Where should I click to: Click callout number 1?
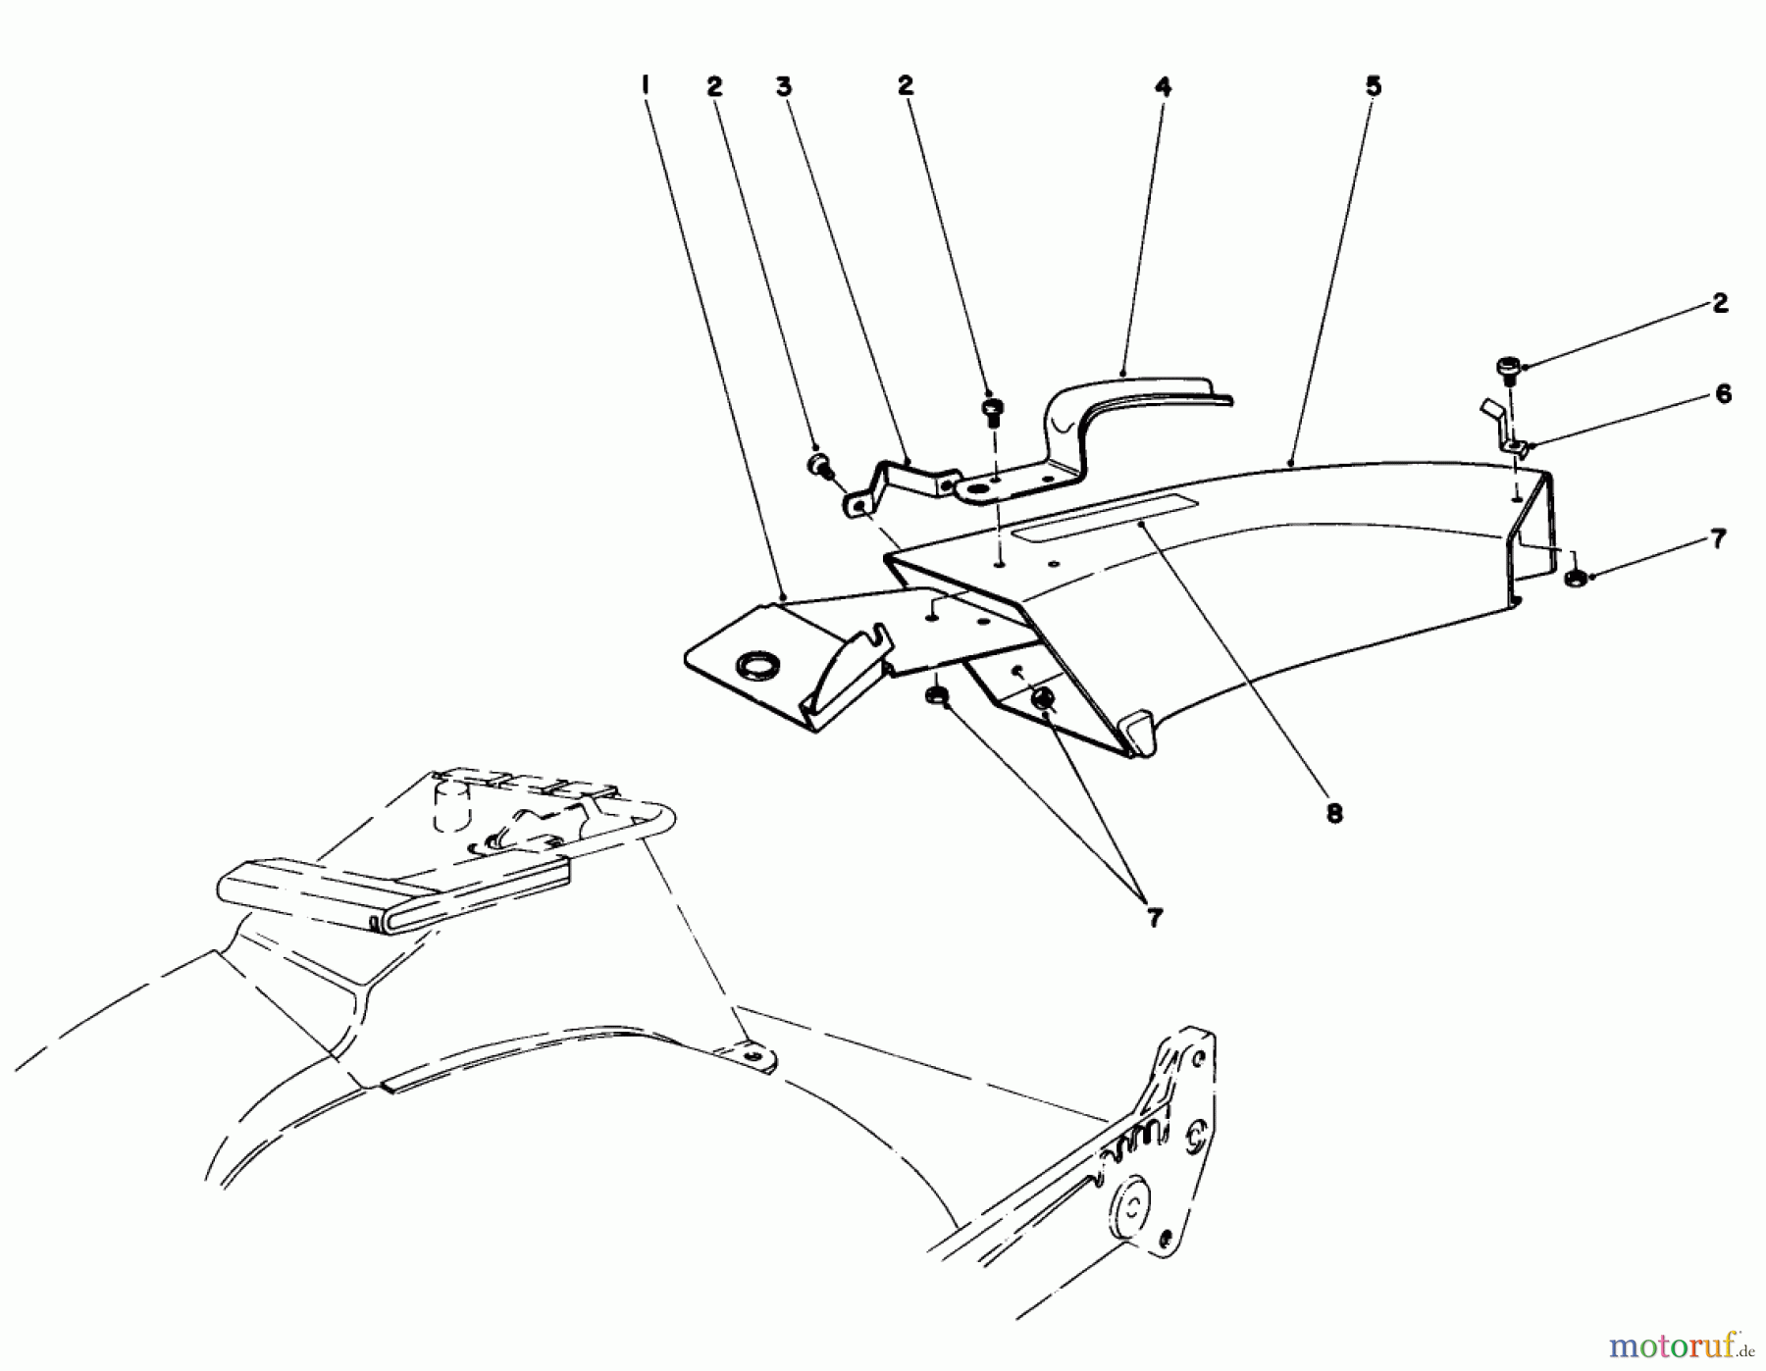click(645, 85)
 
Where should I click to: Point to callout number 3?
click(783, 86)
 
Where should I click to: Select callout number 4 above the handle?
click(1163, 86)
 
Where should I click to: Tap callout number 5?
click(1374, 85)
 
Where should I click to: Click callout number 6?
click(1723, 394)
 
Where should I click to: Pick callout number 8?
click(1334, 813)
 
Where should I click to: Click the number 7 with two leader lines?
click(1154, 918)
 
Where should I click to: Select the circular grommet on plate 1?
click(756, 667)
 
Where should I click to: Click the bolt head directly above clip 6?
click(1507, 369)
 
